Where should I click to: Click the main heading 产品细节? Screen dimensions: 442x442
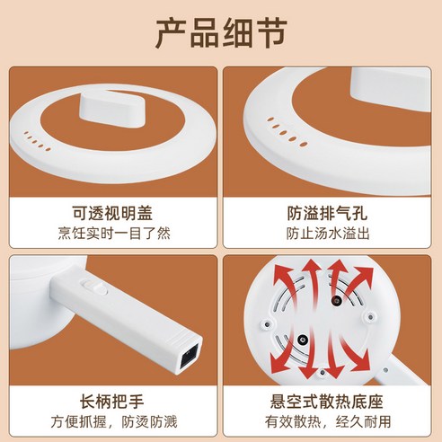[x=221, y=33]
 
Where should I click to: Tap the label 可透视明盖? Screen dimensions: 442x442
[x=112, y=213]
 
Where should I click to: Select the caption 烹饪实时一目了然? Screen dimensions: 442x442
[x=114, y=234]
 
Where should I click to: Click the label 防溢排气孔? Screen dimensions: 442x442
[x=327, y=213]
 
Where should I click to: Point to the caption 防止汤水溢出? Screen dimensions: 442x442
[x=328, y=234]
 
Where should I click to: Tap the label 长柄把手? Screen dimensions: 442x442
[x=111, y=402]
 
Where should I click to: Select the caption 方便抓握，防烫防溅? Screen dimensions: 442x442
[x=114, y=421]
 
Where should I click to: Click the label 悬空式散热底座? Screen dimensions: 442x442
[x=327, y=402]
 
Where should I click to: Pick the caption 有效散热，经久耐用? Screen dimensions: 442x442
[x=328, y=421]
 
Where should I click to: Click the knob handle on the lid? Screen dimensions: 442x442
[x=112, y=110]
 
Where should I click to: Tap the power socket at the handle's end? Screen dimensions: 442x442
[x=190, y=358]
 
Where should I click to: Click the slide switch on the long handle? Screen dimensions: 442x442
[x=95, y=286]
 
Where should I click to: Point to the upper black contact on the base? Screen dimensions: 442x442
[x=336, y=301]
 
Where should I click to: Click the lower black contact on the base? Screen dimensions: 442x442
[x=303, y=340]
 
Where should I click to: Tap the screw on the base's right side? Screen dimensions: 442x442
[x=370, y=316]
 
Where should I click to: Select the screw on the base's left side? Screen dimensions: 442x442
[x=266, y=324]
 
